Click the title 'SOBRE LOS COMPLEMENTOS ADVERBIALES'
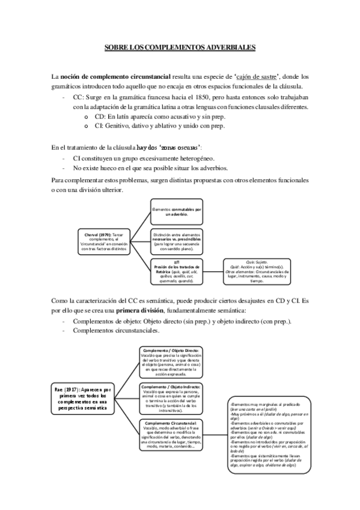(x=180, y=46)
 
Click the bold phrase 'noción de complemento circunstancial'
(x=115, y=76)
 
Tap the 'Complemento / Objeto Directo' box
(x=172, y=363)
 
